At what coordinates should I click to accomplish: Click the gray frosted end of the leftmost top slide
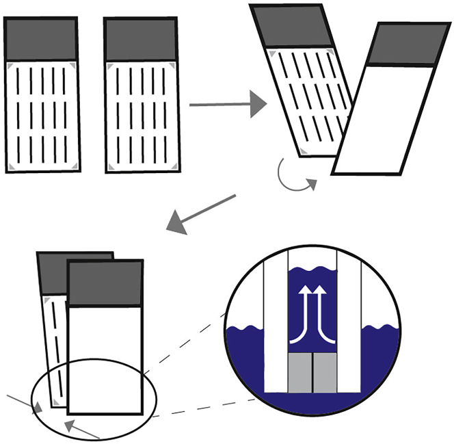pos(41,40)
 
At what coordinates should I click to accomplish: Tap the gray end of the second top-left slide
pos(141,40)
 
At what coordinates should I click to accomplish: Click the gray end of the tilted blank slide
pos(401,49)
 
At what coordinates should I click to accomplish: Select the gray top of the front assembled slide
pos(105,285)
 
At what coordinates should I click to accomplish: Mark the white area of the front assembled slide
pos(105,359)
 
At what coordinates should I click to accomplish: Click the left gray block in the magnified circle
pos(299,374)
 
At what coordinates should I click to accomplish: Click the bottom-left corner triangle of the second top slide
pos(111,166)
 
